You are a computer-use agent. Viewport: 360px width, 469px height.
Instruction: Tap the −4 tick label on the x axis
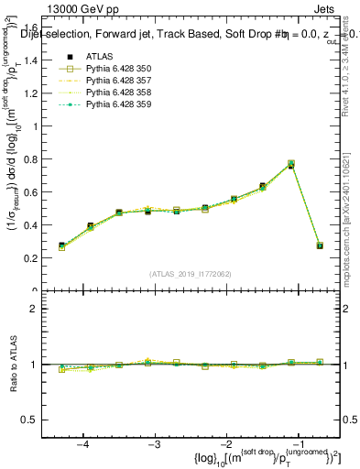(x=83, y=443)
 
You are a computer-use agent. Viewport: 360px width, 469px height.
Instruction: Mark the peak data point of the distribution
(x=290, y=165)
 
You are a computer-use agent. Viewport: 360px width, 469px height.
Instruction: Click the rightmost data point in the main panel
(x=319, y=245)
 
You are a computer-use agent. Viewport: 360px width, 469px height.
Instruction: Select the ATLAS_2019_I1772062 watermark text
(x=190, y=274)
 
